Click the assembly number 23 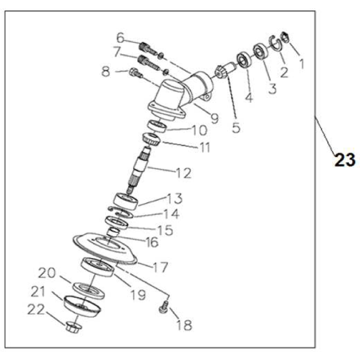[x=344, y=160]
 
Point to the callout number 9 [x=213, y=119]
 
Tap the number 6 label [x=120, y=37]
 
